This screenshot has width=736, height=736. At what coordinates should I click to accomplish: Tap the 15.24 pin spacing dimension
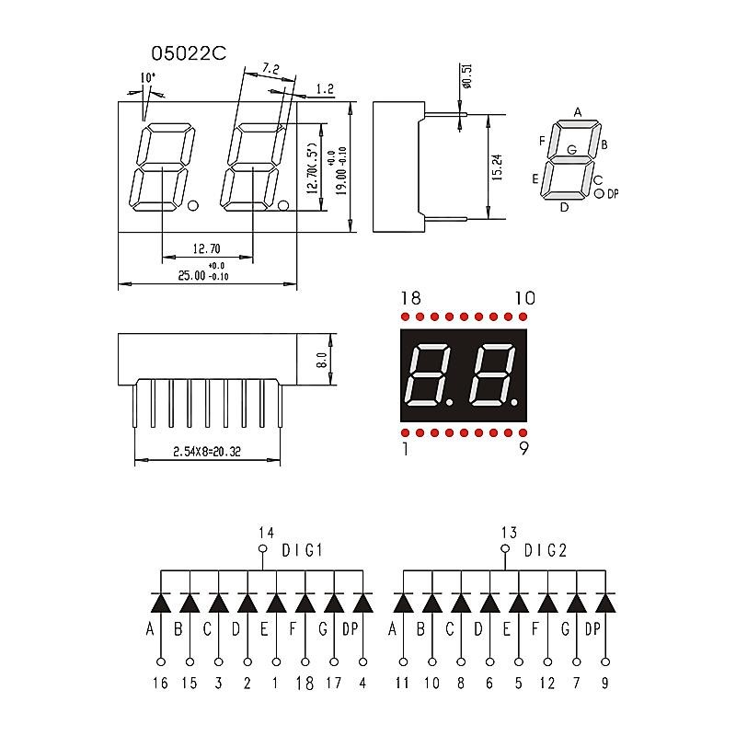coord(496,167)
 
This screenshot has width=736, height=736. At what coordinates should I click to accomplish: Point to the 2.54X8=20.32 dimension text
coord(206,452)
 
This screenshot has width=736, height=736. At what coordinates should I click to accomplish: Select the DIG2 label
coord(546,551)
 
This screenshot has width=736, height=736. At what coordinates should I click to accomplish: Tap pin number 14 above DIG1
coord(266,532)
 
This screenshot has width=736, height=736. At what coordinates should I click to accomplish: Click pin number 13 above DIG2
coord(509,532)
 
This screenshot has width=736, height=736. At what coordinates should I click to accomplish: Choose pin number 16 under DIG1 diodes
coord(161,683)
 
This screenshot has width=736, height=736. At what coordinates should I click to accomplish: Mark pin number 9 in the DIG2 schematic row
coord(605,683)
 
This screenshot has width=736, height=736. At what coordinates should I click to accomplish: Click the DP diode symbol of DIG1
coord(363,603)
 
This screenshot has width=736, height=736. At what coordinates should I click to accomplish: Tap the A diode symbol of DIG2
coord(403,603)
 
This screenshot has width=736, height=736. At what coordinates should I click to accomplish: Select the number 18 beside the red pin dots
coord(410,298)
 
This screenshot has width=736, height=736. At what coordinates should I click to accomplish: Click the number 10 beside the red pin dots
coord(524,298)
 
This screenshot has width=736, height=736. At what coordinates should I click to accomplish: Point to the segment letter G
coord(572,149)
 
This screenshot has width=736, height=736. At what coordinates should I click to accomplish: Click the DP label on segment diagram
coord(613,193)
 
